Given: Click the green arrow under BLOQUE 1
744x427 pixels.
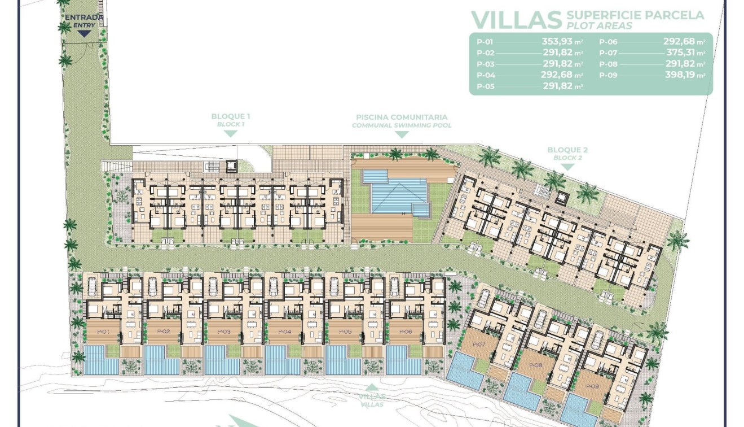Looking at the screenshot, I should pyautogui.click(x=230, y=134).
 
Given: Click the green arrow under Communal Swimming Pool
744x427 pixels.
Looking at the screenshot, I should pyautogui.click(x=402, y=134).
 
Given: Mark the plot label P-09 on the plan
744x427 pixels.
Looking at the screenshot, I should pyautogui.click(x=591, y=386).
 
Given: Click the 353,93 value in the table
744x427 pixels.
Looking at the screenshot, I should pyautogui.click(x=557, y=41).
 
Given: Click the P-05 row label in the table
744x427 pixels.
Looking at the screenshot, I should pyautogui.click(x=485, y=86).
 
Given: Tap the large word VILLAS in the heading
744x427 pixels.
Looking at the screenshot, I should pyautogui.click(x=516, y=19).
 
